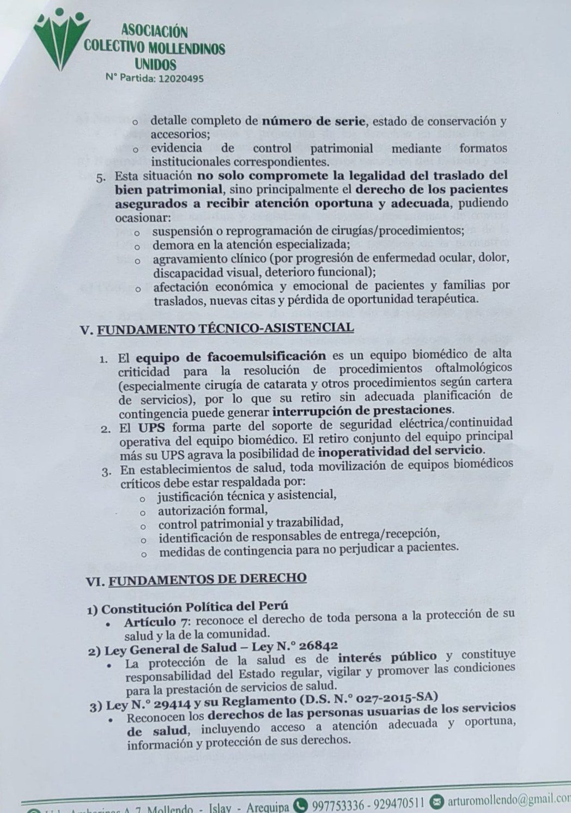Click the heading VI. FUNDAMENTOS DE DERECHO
pos(197,579)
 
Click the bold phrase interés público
pos(387,657)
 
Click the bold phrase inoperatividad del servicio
pos(401,451)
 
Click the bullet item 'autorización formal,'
pos(212,511)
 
